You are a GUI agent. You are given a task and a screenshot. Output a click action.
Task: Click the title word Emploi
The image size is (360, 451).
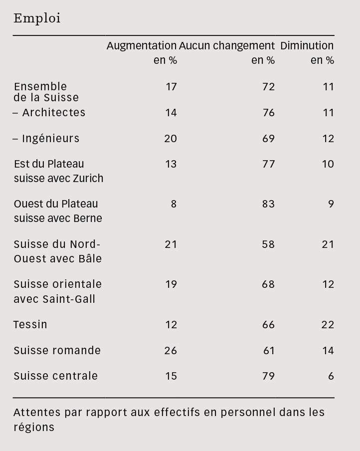coord(37,18)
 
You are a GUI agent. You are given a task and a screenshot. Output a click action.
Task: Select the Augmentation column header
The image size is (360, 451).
coord(142,46)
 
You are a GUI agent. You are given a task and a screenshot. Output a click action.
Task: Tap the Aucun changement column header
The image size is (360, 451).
coord(227,46)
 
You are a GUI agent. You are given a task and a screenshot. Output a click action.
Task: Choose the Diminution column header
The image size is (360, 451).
coord(307,46)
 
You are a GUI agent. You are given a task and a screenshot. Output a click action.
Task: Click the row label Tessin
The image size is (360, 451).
coord(30,325)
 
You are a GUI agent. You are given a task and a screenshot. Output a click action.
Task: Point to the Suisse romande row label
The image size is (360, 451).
coord(57,351)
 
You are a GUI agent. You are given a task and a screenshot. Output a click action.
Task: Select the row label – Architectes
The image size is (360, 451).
coord(49,113)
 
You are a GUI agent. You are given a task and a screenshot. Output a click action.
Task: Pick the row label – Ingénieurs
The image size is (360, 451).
coord(46,138)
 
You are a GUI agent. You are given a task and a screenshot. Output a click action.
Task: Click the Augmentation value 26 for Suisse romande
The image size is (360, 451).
coord(171,351)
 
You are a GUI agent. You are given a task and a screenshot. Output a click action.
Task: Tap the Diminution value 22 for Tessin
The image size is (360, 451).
coord(328,325)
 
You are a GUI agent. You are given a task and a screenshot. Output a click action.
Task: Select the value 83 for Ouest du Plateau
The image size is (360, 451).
coord(268,204)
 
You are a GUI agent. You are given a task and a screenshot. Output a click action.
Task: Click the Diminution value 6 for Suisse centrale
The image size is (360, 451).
coord(331,376)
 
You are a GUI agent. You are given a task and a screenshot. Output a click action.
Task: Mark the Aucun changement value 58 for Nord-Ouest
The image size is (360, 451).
coord(268,244)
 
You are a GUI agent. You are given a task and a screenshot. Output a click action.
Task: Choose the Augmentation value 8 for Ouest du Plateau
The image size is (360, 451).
coord(174,204)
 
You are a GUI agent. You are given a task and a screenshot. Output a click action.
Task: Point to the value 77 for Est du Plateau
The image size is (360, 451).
coord(268,164)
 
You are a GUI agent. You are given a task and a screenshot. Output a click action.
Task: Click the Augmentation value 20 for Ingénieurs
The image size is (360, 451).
coord(171,138)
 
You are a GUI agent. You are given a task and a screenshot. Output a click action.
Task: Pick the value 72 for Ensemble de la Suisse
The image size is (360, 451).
coord(268,87)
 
